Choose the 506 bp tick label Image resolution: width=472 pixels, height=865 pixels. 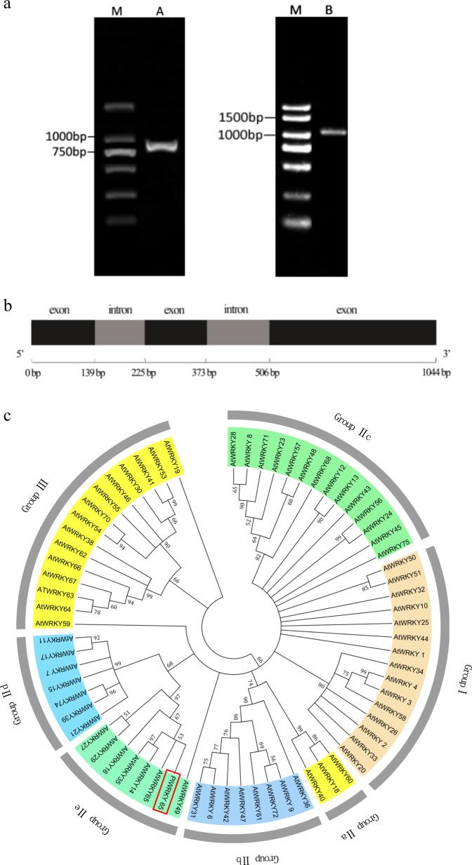click(269, 373)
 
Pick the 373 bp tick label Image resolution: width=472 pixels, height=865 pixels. click(206, 373)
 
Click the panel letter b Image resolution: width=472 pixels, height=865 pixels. click(7, 306)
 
